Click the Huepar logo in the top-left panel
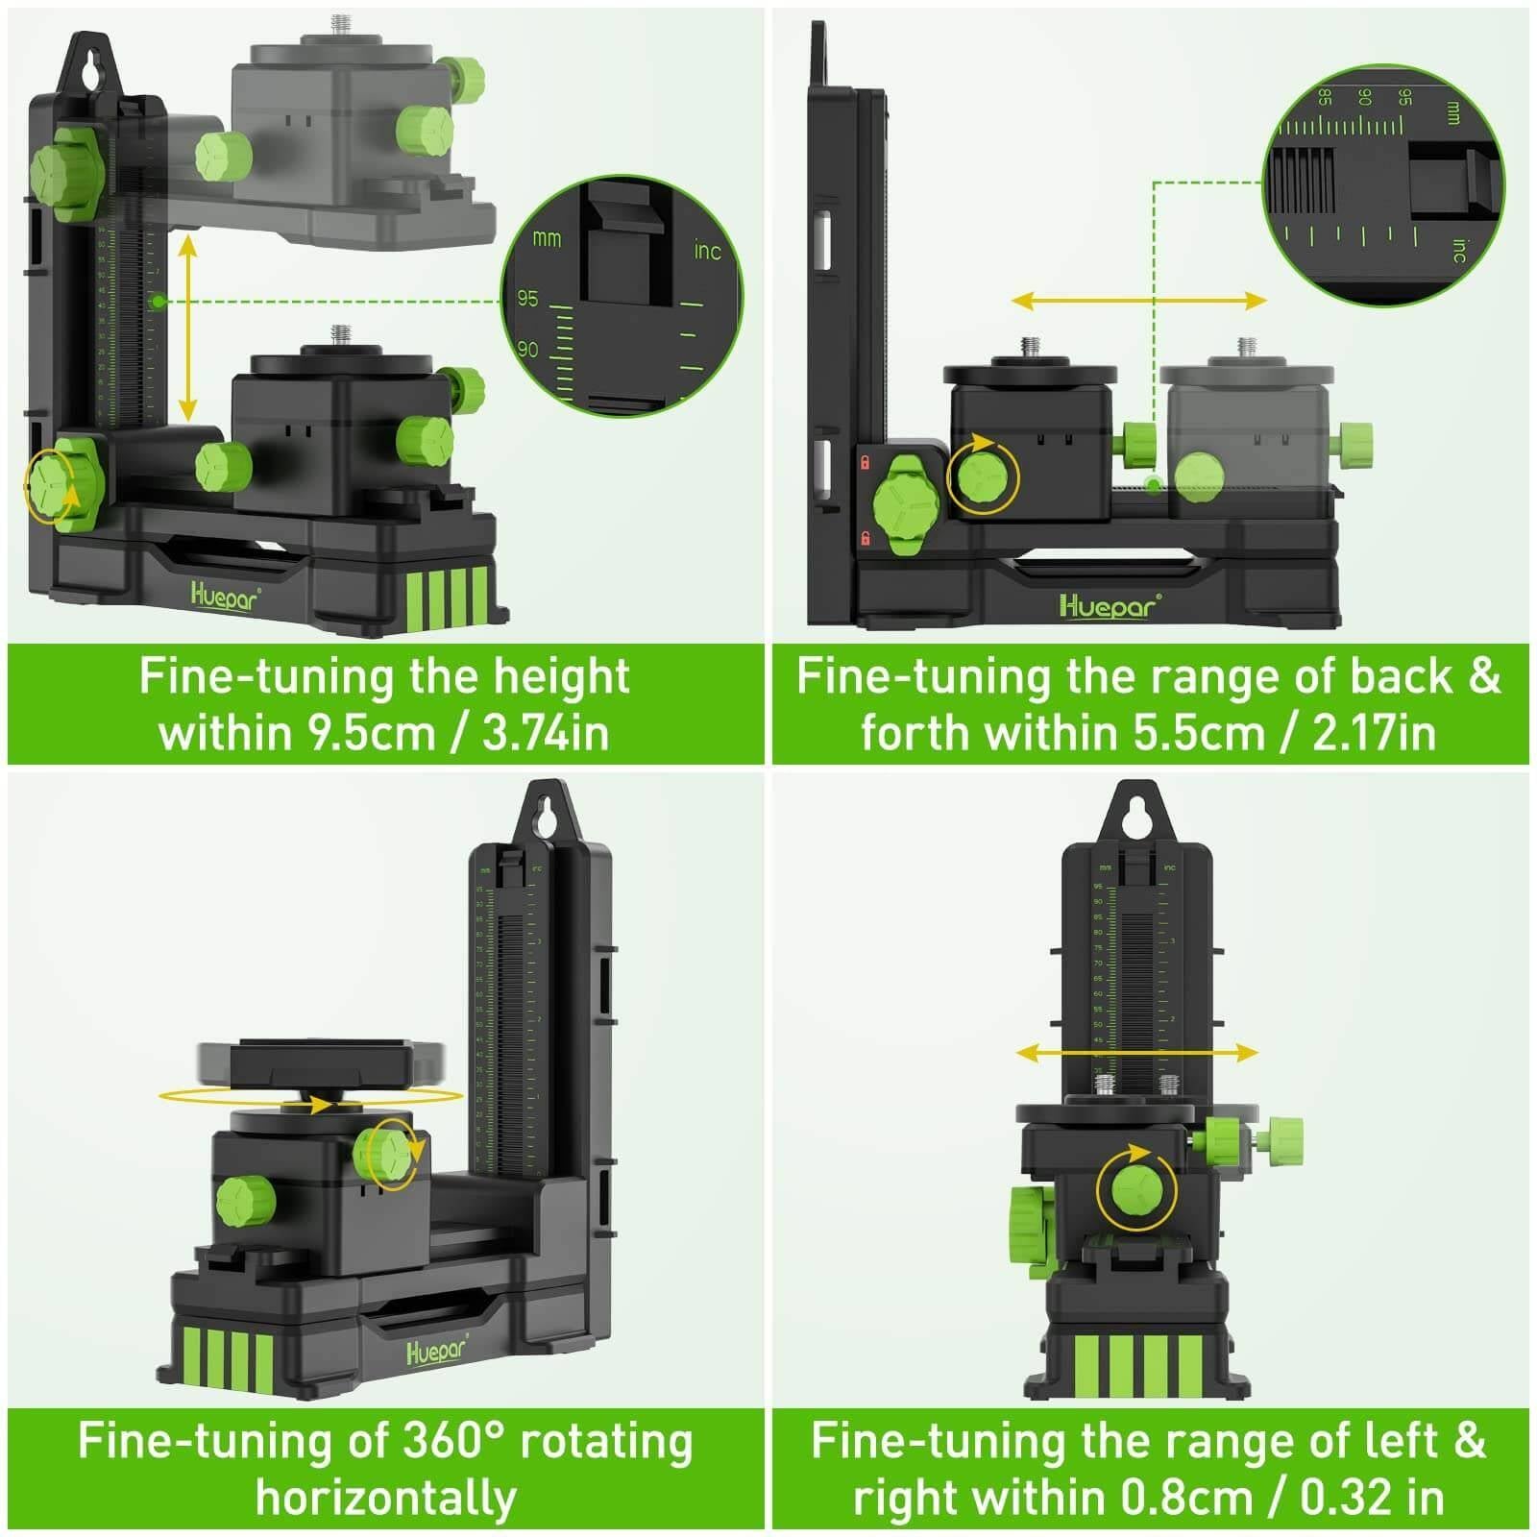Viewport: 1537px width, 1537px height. point(225,597)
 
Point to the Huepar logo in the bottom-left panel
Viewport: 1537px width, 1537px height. point(437,1350)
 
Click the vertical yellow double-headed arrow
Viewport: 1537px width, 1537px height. point(188,327)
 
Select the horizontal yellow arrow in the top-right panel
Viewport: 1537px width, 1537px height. point(1138,301)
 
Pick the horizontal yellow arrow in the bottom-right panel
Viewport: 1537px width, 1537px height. point(1136,1053)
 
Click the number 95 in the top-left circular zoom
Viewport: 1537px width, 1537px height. point(527,299)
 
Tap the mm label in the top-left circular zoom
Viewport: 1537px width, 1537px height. point(547,237)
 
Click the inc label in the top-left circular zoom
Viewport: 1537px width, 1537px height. point(707,251)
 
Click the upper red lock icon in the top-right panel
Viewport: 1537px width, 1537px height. point(865,462)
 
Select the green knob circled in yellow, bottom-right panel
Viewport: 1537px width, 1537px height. point(1137,1190)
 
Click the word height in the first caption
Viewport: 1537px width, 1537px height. point(561,676)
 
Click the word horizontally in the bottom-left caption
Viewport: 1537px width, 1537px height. point(385,1498)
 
